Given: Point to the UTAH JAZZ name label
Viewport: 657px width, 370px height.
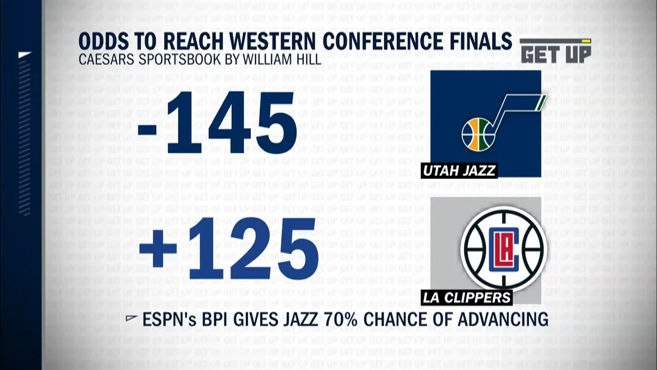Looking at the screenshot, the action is coord(459,171).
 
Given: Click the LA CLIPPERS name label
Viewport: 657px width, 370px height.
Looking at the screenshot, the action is coord(467,298).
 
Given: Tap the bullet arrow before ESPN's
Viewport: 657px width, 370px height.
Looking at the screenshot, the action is coord(131,318).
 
